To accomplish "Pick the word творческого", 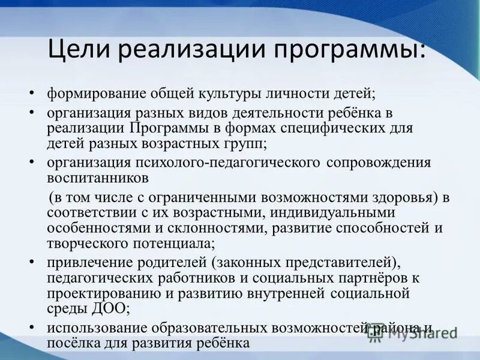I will (x=89, y=244).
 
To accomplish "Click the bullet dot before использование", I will (x=33, y=328).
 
